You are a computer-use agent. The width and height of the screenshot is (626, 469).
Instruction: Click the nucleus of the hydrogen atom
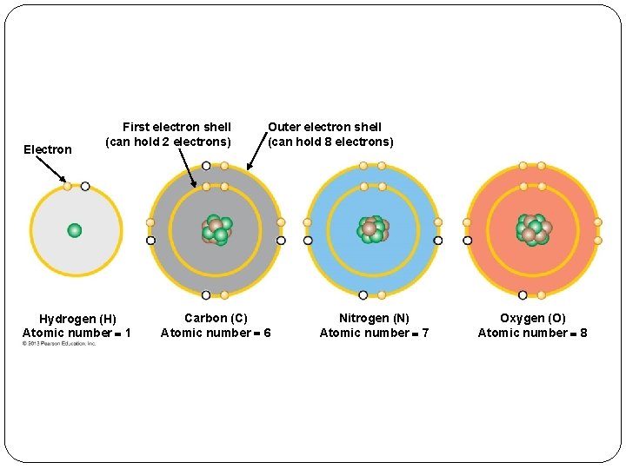point(75,230)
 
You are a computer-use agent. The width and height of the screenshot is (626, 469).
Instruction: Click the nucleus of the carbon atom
point(216,230)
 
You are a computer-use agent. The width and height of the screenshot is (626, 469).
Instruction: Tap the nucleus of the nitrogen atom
point(373,229)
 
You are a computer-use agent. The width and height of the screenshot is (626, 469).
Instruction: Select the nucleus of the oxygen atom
point(532,229)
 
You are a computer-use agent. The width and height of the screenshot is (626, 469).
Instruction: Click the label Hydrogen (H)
point(77,319)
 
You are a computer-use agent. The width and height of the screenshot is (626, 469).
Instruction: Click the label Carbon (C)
point(216,319)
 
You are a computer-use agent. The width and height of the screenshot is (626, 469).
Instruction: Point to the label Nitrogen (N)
point(374,319)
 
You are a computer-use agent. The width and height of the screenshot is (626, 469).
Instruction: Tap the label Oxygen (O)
point(532,319)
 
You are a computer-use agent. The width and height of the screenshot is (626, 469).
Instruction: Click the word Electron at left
point(48,149)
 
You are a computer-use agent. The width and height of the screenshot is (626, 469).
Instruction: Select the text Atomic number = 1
point(77,333)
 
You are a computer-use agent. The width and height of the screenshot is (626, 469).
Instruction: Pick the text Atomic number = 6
point(216,333)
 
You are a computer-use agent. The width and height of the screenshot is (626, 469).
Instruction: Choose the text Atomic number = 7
point(374,333)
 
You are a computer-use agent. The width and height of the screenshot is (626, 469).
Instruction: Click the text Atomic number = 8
point(532,333)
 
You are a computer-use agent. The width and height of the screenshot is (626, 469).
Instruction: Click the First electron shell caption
point(170,134)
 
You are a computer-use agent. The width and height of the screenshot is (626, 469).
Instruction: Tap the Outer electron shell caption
point(330,134)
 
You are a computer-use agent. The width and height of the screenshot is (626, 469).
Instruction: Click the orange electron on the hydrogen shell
point(67,186)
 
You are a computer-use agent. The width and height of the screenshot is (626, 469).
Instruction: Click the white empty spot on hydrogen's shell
point(85,186)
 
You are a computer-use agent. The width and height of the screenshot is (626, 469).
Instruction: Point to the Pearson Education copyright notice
point(59,344)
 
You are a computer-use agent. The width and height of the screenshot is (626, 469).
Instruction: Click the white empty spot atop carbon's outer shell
point(206,165)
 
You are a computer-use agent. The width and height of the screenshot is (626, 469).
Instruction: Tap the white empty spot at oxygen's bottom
point(523,295)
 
